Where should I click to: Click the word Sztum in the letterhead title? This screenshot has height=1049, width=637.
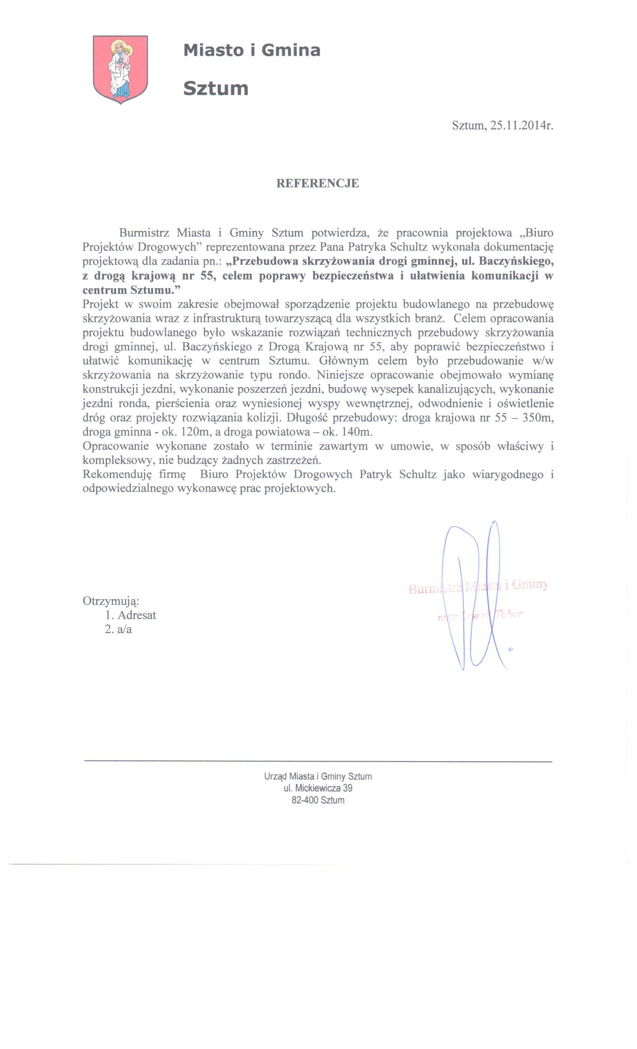click(215, 88)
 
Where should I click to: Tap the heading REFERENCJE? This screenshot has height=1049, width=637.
click(318, 183)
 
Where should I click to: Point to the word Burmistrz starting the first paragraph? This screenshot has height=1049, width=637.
click(144, 233)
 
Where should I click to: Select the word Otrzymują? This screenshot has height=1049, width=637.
click(111, 601)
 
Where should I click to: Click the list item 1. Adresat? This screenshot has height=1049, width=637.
click(131, 615)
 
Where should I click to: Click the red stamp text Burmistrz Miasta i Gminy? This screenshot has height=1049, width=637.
click(478, 587)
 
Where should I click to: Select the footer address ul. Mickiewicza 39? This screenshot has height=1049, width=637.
click(318, 788)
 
